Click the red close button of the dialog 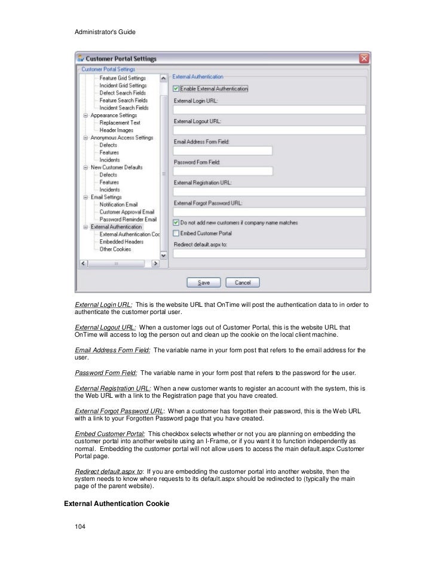[x=363, y=59]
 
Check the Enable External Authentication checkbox [x=176, y=89]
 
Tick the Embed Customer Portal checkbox [x=176, y=233]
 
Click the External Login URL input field [x=269, y=109]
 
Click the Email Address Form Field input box [x=223, y=150]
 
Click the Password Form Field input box [x=223, y=171]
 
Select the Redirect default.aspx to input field [x=269, y=253]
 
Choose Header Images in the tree [x=117, y=130]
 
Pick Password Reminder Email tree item [x=128, y=219]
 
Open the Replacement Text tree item [x=122, y=123]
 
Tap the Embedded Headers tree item [x=121, y=242]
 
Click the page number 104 [x=80, y=527]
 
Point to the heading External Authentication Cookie [x=117, y=504]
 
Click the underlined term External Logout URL [x=105, y=328]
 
